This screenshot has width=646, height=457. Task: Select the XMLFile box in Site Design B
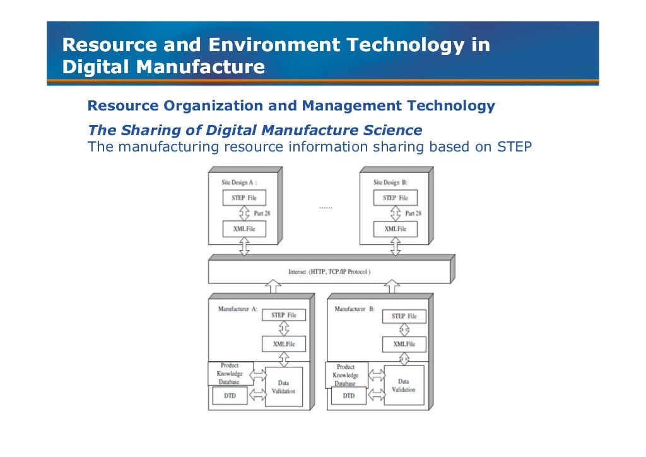pos(396,228)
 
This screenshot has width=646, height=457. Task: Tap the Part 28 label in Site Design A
pos(262,213)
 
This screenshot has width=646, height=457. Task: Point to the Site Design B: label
pos(391,182)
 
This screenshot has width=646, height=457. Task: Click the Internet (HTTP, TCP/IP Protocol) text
pos(329,272)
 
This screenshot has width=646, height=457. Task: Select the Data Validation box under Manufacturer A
pos(283,386)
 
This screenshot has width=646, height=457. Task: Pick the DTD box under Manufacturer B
pos(348,396)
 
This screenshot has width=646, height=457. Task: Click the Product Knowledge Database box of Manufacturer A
pos(230,373)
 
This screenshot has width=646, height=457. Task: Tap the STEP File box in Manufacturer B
pos(404,316)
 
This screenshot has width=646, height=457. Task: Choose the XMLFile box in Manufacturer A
pos(284,344)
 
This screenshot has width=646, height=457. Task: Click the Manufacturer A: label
pos(237,309)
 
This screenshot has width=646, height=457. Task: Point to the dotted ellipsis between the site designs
pos(326,207)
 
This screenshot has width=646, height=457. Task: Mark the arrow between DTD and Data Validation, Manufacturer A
pos(257,395)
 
